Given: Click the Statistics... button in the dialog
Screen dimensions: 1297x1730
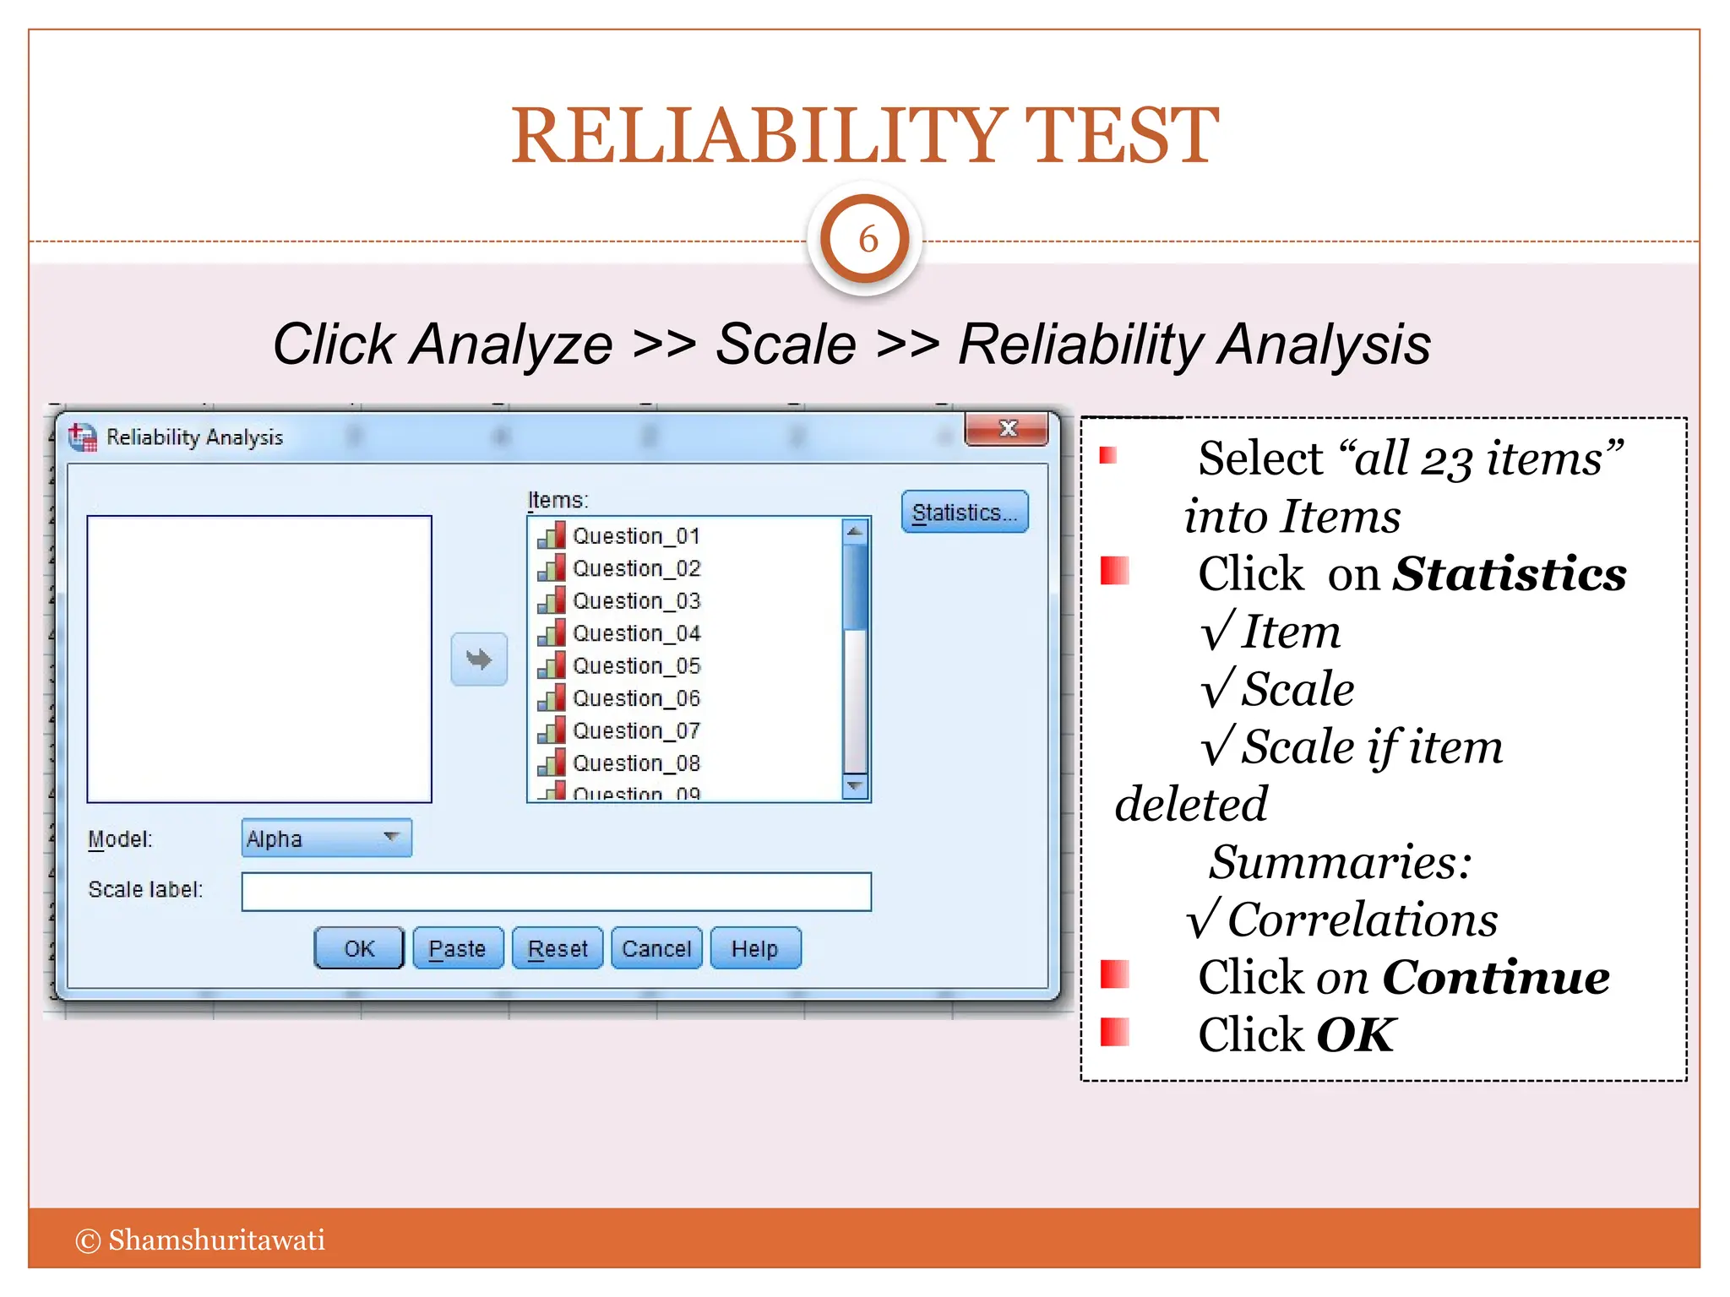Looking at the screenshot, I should point(964,513).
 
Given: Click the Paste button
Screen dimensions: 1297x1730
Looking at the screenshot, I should point(457,948).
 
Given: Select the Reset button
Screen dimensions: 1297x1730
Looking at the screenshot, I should point(557,948).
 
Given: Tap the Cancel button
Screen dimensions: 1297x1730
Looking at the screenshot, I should point(656,948).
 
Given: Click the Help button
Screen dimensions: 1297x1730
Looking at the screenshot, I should point(754,948).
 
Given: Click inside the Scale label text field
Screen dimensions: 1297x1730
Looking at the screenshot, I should point(556,892).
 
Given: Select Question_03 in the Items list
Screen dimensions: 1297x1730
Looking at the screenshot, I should point(636,601).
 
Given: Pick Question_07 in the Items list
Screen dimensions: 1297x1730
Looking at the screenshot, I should point(636,730).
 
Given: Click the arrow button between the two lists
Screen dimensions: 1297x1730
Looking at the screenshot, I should point(479,659).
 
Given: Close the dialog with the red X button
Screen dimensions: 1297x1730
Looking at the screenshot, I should point(1007,429).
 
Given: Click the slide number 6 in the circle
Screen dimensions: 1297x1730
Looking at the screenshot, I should point(868,240).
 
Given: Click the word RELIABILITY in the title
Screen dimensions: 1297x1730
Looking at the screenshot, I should point(758,136).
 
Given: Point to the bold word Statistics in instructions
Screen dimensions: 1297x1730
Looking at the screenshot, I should point(1509,574).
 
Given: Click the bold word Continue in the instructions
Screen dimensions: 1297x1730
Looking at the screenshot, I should point(1495,978).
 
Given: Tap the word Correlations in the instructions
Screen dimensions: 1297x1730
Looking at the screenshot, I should point(1362,920).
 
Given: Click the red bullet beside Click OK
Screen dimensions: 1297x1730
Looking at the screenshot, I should point(1115,1032).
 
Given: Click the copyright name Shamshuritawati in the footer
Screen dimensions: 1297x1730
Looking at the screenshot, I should point(216,1240).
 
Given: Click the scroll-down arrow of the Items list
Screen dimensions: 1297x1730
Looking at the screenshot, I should point(855,786).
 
